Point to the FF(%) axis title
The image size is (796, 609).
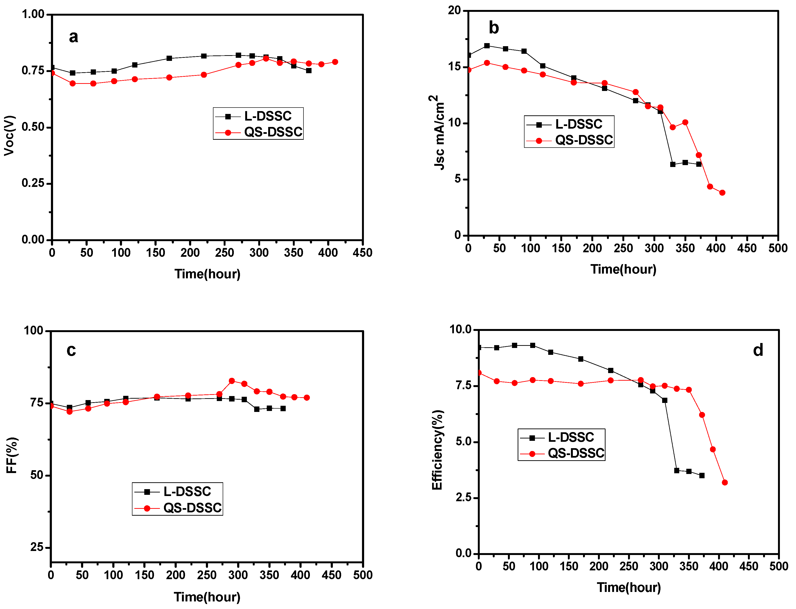pyautogui.click(x=12, y=455)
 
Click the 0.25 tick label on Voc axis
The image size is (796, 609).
pyautogui.click(x=33, y=183)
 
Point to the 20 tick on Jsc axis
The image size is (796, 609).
pyautogui.click(x=454, y=10)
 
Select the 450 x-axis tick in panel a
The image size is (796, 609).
pyautogui.click(x=362, y=253)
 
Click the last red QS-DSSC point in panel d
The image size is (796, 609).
pyautogui.click(x=725, y=483)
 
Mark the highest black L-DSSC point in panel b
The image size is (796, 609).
pyautogui.click(x=487, y=46)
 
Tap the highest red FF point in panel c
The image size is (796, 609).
pyautogui.click(x=232, y=381)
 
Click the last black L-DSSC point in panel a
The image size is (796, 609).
pyautogui.click(x=308, y=70)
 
